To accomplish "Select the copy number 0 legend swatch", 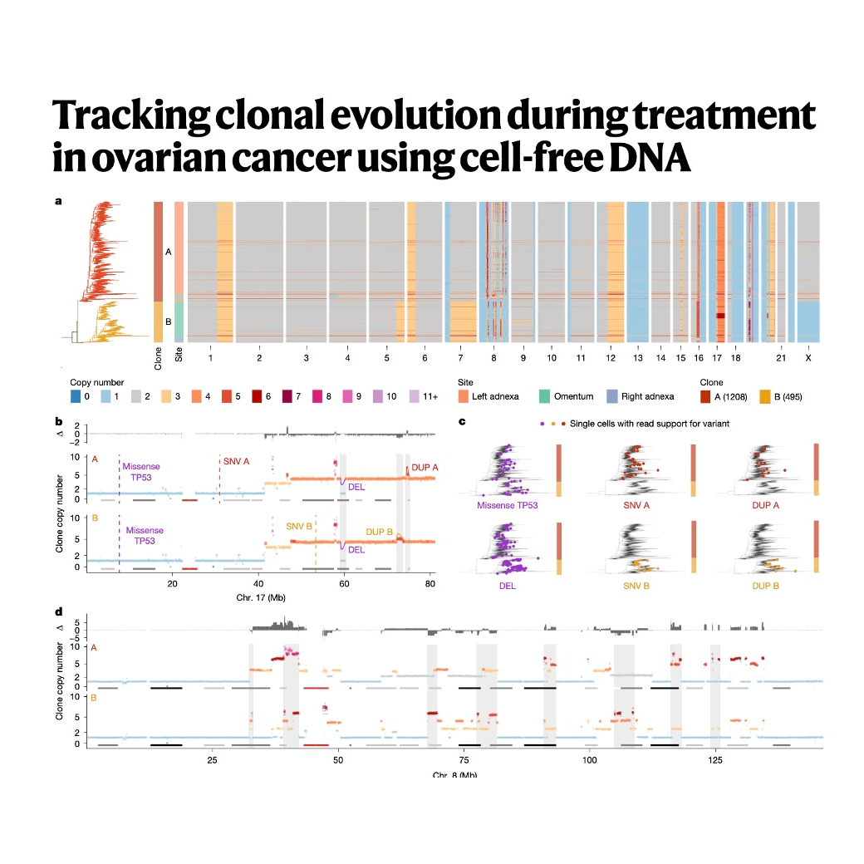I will (x=75, y=397).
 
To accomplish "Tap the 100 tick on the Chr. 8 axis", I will (x=590, y=760).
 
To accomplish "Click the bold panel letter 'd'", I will (x=58, y=611).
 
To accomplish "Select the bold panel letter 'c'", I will (x=462, y=423).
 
